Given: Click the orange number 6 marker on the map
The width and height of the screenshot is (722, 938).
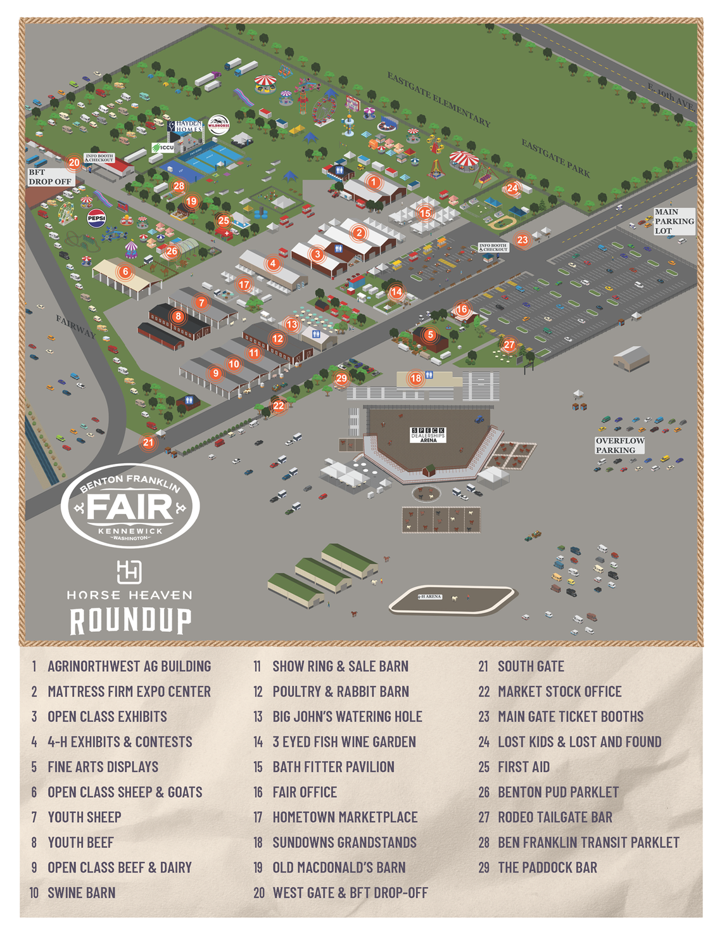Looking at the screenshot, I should [125, 272].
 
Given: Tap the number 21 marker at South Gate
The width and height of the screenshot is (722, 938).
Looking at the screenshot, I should [148, 442].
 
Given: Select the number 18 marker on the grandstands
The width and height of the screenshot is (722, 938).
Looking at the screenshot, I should [415, 378].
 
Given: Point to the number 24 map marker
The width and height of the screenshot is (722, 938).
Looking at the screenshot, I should [512, 188].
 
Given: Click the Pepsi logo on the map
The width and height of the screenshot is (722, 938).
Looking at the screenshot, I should [96, 218].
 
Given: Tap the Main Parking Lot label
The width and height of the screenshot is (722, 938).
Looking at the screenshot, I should [674, 221].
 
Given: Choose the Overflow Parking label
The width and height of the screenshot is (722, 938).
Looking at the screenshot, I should [619, 445].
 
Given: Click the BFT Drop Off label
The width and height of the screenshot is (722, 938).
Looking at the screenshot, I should [50, 177].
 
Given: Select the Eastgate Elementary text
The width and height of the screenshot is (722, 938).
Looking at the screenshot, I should [438, 100].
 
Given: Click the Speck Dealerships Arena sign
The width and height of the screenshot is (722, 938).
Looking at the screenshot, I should [428, 435].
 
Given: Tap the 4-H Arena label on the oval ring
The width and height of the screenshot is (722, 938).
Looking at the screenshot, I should [429, 596].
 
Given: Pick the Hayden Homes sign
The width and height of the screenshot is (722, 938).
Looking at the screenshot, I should [188, 126].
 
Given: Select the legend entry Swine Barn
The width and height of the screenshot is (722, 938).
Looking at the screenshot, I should [81, 892].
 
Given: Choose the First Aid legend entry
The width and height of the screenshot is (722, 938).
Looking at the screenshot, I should [523, 767].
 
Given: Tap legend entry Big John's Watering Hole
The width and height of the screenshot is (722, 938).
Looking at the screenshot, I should [347, 716].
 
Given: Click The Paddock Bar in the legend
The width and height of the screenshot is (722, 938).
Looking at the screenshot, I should [547, 867].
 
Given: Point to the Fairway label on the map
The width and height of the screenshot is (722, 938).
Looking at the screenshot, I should [75, 326].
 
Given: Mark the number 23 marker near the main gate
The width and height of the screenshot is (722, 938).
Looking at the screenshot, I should [522, 240].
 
